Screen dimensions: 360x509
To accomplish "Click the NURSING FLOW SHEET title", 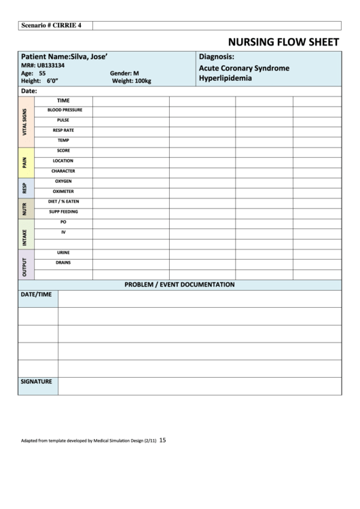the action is [x=284, y=41].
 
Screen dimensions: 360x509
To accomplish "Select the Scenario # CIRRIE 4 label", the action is [x=52, y=25].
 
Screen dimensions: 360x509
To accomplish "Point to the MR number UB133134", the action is [x=43, y=65].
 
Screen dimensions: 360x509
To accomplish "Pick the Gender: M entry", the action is [x=124, y=73].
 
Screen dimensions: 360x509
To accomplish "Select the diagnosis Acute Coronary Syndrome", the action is [x=244, y=68].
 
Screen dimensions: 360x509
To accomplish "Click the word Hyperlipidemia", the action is [x=225, y=78].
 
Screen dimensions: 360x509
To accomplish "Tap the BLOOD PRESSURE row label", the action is [x=65, y=109].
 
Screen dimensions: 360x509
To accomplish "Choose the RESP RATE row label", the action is [x=64, y=130].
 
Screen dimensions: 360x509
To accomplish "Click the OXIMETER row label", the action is [x=63, y=191].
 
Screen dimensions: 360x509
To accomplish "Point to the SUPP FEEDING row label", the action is [x=63, y=211].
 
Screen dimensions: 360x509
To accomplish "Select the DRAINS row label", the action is [x=63, y=262].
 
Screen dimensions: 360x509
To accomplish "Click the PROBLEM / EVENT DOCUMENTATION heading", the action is [x=179, y=284].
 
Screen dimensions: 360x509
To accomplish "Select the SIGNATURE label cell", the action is [x=37, y=382].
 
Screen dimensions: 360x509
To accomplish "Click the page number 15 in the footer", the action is [x=162, y=440].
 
